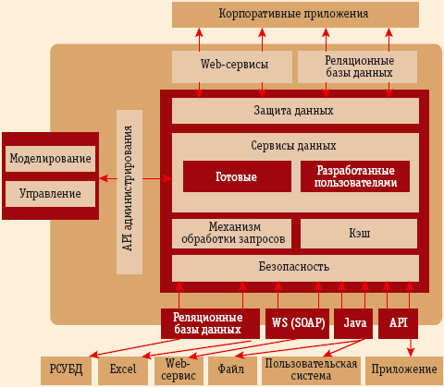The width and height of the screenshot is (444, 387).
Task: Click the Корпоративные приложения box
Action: [x=294, y=14]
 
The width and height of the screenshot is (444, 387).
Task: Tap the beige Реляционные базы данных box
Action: [x=358, y=66]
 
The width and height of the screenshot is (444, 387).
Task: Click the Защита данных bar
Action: [x=294, y=111]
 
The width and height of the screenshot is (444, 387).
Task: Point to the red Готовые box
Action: [x=236, y=176]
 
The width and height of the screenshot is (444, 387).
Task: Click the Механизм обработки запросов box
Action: [x=231, y=234]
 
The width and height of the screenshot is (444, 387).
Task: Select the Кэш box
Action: [x=360, y=234]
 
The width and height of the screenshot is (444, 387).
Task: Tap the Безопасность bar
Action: [x=294, y=268]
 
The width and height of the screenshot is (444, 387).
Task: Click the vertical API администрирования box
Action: [x=129, y=191]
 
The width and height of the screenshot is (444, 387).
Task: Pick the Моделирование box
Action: [x=50, y=158]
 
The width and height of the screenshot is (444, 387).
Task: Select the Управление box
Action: [x=50, y=194]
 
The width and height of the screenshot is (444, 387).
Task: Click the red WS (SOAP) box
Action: [x=296, y=322]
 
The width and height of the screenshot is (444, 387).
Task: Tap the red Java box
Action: [x=353, y=322]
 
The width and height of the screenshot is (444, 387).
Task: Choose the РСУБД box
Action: [x=66, y=369]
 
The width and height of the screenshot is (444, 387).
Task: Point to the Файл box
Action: [x=230, y=369]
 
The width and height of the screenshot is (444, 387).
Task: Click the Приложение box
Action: [x=403, y=369]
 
